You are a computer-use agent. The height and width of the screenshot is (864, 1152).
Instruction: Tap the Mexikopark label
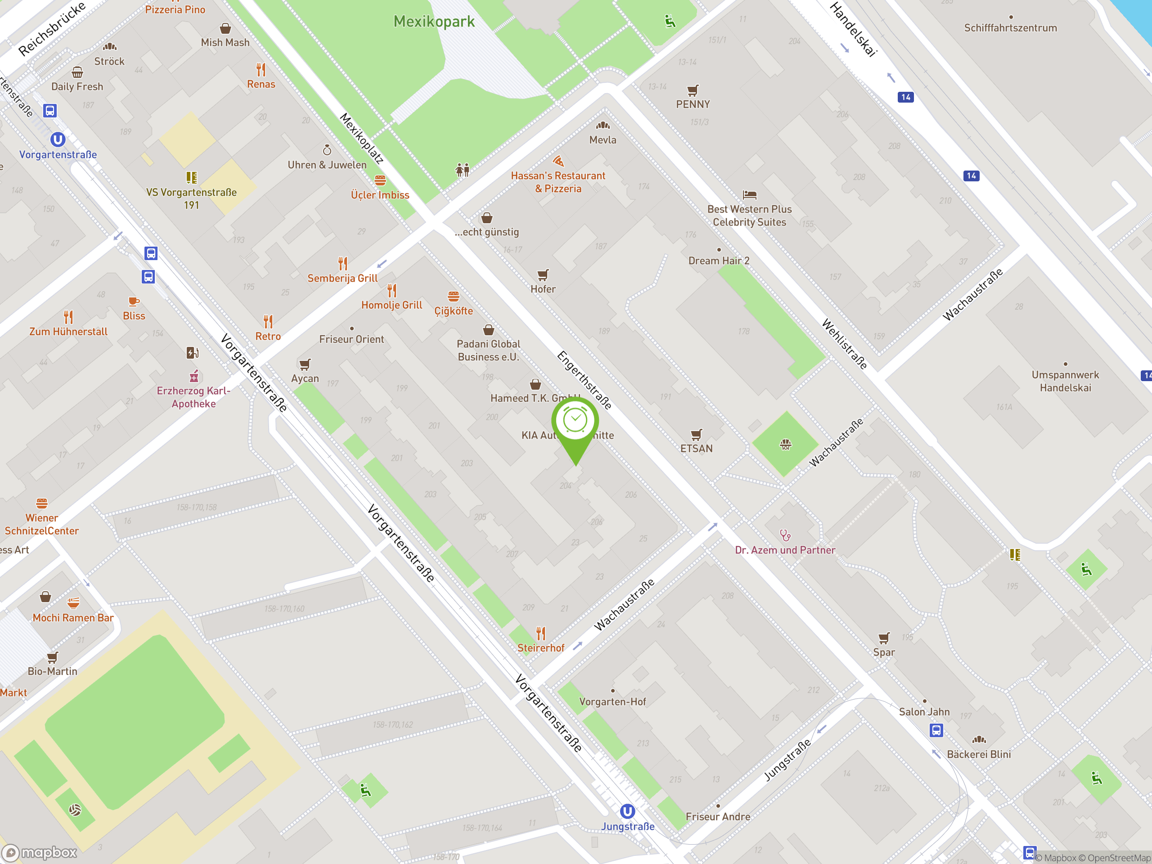(x=434, y=21)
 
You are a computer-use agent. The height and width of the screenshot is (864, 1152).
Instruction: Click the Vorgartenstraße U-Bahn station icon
(x=58, y=139)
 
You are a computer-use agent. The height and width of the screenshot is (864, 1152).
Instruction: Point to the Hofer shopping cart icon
(x=543, y=274)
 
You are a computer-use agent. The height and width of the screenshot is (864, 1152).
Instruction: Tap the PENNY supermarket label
(x=693, y=104)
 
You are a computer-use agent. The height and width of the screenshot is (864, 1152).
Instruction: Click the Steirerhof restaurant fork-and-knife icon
(x=541, y=633)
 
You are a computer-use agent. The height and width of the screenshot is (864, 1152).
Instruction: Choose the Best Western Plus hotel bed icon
(x=749, y=195)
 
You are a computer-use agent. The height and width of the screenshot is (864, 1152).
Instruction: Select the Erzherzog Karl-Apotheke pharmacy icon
(x=194, y=376)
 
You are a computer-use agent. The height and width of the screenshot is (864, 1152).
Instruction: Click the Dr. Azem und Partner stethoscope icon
(x=785, y=535)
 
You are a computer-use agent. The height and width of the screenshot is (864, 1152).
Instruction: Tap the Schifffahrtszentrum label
(x=1010, y=28)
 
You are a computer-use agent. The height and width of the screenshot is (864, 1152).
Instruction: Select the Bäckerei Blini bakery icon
(x=979, y=739)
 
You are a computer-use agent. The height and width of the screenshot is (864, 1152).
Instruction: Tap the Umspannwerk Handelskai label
(x=1065, y=381)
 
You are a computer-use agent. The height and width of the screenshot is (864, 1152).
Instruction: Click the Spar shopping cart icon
(x=884, y=638)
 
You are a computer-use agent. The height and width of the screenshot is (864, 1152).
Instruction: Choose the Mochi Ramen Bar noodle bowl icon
(x=73, y=603)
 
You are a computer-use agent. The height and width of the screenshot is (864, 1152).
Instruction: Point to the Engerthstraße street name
(x=584, y=380)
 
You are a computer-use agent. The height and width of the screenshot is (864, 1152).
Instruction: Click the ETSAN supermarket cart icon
(x=696, y=434)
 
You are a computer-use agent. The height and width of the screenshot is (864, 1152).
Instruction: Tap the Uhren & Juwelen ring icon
(x=327, y=150)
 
